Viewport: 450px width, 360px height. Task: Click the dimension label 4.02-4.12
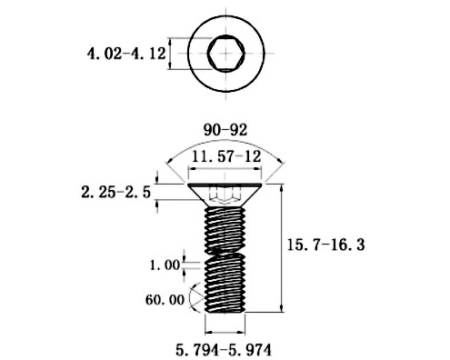tap(126, 54)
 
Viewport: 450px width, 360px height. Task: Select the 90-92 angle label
tap(225, 130)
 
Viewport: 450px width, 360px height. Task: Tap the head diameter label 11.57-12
tap(226, 156)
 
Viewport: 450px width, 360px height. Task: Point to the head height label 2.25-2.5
tap(115, 192)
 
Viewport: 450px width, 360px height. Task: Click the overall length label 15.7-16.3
tap(325, 245)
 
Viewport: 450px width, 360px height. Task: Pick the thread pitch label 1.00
tap(165, 265)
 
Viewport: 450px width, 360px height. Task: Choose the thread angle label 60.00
tap(165, 300)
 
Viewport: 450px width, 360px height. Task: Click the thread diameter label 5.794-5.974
tap(224, 350)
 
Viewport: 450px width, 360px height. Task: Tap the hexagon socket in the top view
tap(226, 54)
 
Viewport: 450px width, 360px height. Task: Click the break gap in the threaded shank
tap(225, 254)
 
